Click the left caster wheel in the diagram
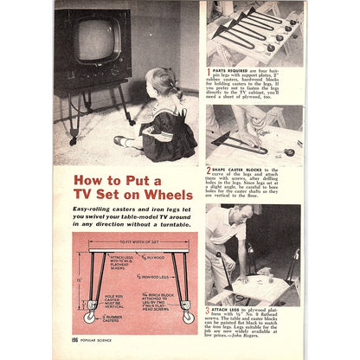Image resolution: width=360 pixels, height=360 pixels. [88, 317]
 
